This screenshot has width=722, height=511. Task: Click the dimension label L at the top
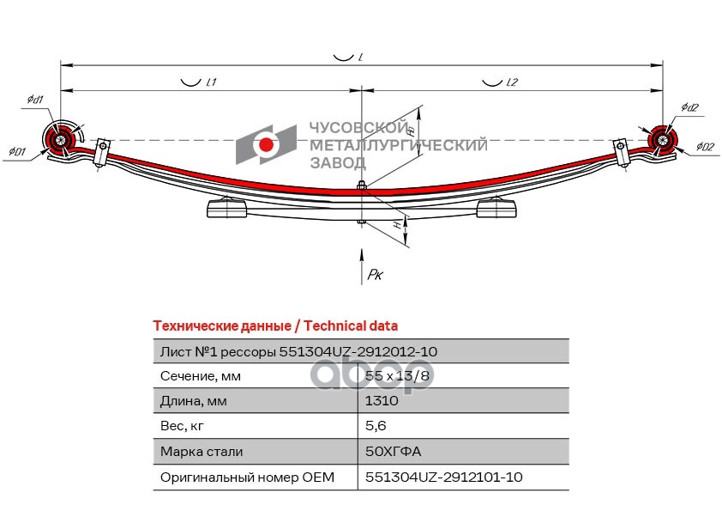click(362, 57)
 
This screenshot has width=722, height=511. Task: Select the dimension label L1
click(211, 82)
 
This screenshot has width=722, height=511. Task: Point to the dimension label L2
click(512, 82)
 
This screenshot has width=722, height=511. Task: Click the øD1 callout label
click(17, 152)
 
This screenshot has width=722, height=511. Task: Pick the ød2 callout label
click(690, 106)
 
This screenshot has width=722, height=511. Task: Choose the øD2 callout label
click(705, 147)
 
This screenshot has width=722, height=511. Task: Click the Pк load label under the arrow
click(375, 275)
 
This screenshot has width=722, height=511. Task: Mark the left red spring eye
click(59, 140)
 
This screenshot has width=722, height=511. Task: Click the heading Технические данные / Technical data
click(274, 326)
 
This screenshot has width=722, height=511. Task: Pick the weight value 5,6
click(375, 426)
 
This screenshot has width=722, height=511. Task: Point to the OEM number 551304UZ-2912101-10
click(443, 477)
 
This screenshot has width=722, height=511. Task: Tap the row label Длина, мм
click(194, 401)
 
